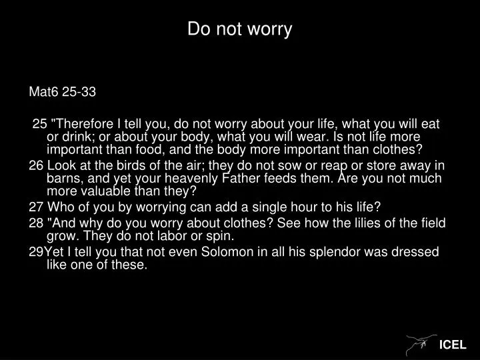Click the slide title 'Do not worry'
pos(239,29)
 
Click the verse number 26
pos(37,165)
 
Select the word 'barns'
pos(62,178)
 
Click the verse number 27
pos(37,207)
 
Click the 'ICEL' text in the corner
pos(453,345)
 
